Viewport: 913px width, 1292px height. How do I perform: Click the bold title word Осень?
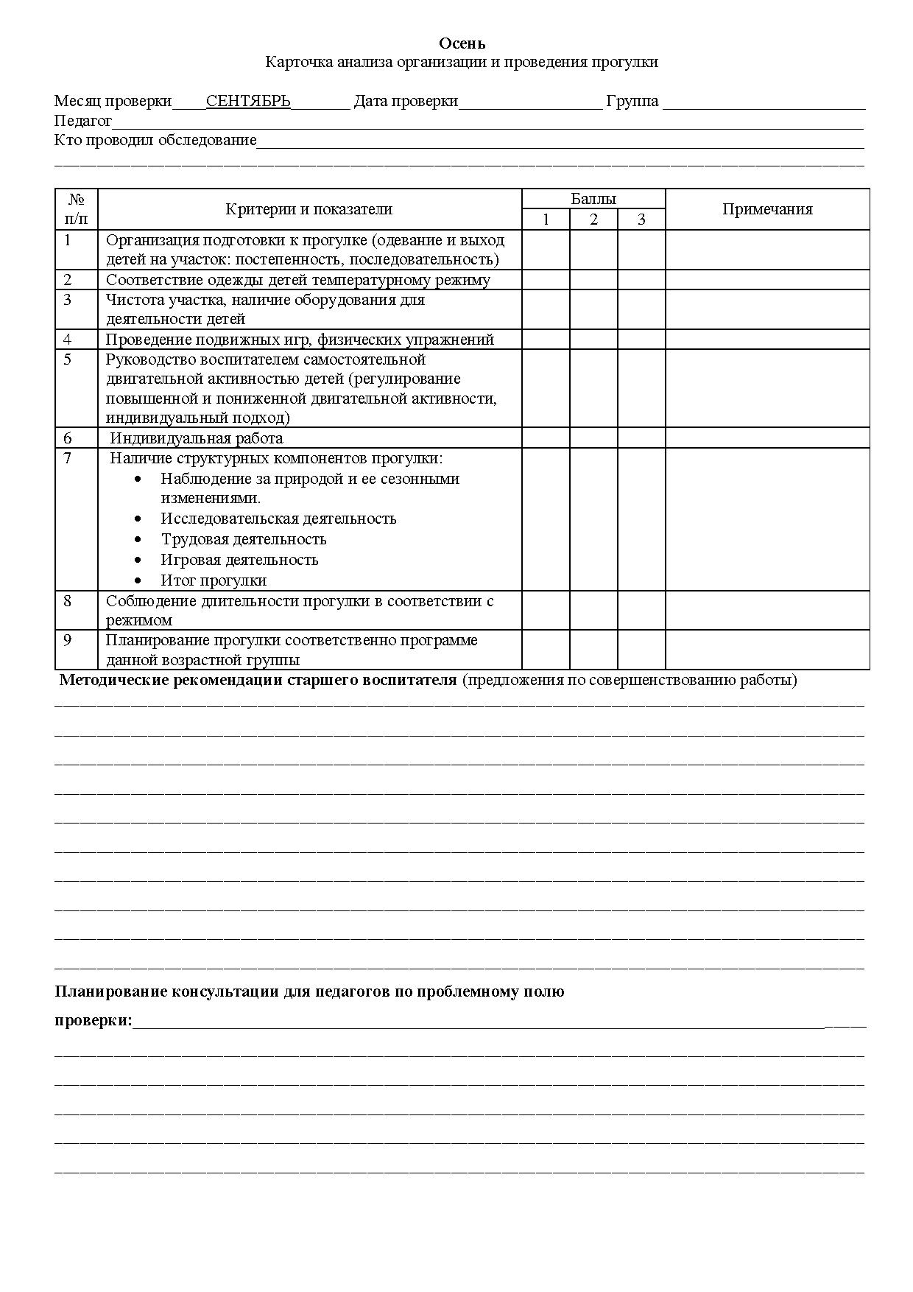coord(462,44)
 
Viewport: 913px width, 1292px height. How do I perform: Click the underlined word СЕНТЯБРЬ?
coord(248,101)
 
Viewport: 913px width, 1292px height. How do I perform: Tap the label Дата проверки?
coord(406,101)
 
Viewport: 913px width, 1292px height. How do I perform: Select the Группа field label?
coord(632,101)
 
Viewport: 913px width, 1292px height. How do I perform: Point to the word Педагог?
coord(83,121)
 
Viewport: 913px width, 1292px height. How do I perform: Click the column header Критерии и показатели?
coord(309,209)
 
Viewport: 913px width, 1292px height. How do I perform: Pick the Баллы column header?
coord(593,199)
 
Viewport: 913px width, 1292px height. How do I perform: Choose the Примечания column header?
coord(767,209)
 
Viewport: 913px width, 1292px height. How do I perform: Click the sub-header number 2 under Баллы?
coord(593,220)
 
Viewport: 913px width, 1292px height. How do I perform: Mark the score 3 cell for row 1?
coord(641,250)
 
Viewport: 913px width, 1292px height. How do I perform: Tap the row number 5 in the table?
coord(68,359)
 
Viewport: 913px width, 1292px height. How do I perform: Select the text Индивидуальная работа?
coord(197,438)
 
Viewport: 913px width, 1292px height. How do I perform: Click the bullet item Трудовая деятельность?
coord(244,539)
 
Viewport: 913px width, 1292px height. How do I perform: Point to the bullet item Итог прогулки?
coord(214,580)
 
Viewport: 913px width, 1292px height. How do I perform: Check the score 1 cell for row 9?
coord(546,650)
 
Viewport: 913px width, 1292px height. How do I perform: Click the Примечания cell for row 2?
coord(767,280)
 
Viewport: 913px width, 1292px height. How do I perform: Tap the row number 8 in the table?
coord(68,601)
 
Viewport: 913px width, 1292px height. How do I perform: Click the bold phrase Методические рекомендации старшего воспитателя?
coord(258,680)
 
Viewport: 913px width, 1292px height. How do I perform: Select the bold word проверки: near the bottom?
coord(94,1021)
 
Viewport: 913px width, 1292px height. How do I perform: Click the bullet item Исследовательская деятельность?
coord(278,519)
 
